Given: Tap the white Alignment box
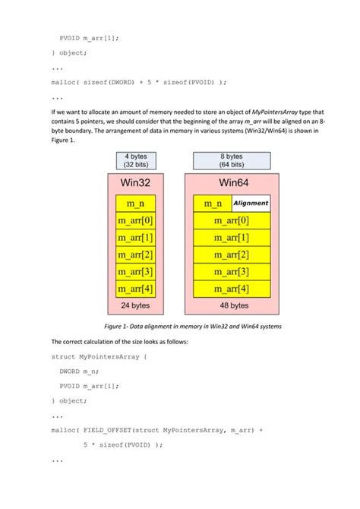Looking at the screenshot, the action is pyautogui.click(x=251, y=203).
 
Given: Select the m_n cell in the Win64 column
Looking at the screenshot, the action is pyautogui.click(x=213, y=203).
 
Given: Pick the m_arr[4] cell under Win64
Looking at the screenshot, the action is pyautogui.click(x=231, y=289).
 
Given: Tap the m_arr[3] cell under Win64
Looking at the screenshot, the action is pyautogui.click(x=231, y=272).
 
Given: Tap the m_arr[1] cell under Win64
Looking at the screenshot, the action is pyautogui.click(x=231, y=238).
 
